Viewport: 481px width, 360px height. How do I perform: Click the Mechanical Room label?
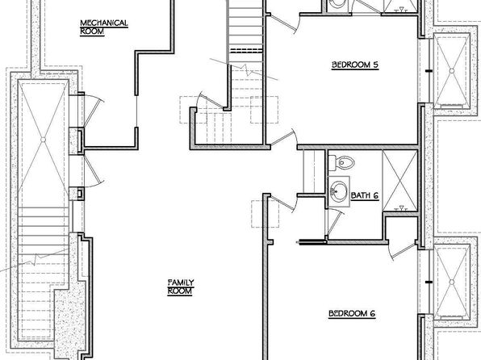[x=104, y=27]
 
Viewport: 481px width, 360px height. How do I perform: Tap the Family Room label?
[x=181, y=287]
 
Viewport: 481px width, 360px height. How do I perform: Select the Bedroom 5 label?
[x=355, y=65]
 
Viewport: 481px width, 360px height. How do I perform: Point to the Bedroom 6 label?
[x=352, y=314]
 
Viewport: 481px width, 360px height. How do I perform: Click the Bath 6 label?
[x=365, y=195]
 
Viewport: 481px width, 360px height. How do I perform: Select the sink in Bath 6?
[x=339, y=191]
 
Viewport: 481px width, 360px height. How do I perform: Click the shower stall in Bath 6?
[x=400, y=181]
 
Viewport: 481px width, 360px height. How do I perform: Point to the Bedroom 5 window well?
[x=452, y=71]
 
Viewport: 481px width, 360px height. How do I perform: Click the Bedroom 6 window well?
[x=451, y=282]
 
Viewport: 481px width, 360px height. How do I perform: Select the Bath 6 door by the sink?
[x=334, y=222]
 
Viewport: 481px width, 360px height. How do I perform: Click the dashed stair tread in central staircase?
[x=246, y=51]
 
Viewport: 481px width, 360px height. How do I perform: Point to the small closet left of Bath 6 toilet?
[x=314, y=171]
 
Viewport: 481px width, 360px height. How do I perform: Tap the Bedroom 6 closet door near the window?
[x=403, y=251]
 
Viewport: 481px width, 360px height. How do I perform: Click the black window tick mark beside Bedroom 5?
[x=429, y=71]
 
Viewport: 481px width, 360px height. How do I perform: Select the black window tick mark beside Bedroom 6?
[x=429, y=282]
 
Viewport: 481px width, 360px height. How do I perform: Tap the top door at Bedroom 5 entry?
[x=284, y=23]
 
